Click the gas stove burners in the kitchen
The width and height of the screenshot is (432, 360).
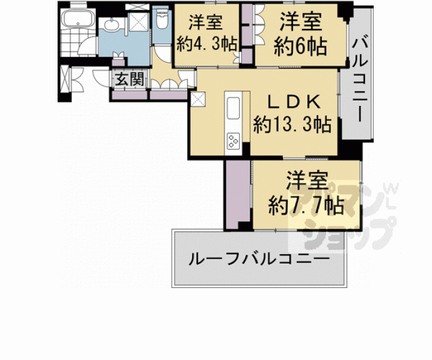234,141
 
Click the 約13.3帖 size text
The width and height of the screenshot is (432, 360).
292,125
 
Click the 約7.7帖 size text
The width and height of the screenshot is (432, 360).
306,205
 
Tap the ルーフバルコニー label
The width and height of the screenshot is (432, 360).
258,259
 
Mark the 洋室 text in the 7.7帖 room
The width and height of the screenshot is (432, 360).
307,181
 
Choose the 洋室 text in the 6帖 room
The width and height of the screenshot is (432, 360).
302,22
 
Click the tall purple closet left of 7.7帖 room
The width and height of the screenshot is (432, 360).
237,194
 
